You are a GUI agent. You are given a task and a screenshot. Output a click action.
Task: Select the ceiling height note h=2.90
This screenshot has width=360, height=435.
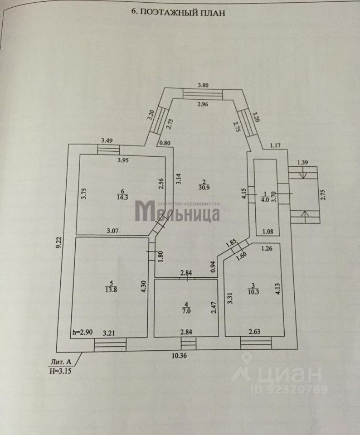tap(83, 332)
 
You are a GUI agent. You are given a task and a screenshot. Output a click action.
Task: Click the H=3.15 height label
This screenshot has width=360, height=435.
tap(61, 370)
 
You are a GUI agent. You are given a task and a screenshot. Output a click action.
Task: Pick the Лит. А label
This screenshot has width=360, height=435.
tap(61, 362)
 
